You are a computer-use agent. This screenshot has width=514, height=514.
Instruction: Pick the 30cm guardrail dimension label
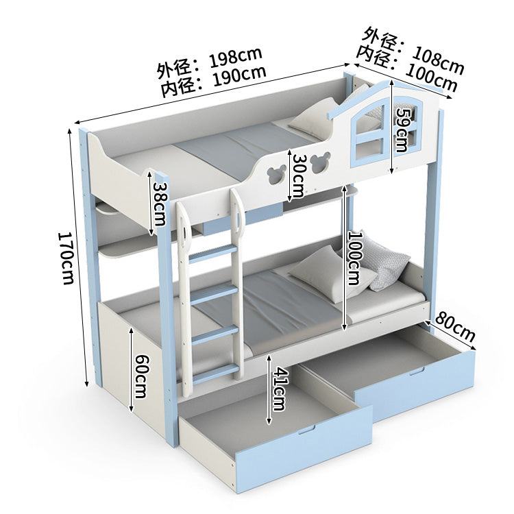[299, 175]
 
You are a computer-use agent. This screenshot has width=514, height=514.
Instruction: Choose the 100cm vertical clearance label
[355, 258]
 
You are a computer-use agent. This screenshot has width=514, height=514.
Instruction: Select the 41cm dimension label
[280, 389]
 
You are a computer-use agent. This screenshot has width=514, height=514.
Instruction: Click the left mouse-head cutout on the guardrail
[275, 173]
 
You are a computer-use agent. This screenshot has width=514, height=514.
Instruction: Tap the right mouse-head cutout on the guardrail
[317, 164]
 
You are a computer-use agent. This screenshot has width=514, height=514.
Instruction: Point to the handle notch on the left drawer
[306, 430]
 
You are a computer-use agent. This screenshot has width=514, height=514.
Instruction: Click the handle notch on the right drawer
[417, 371]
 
